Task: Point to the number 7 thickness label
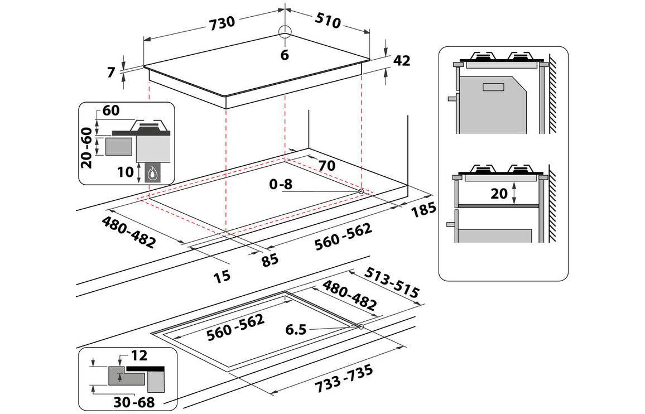tap(111, 71)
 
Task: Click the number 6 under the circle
tap(285, 55)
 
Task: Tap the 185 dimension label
tap(423, 210)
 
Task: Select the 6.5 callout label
tap(295, 329)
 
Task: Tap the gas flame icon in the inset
tap(152, 174)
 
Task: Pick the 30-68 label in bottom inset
tap(132, 402)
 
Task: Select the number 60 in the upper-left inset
tap(111, 110)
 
